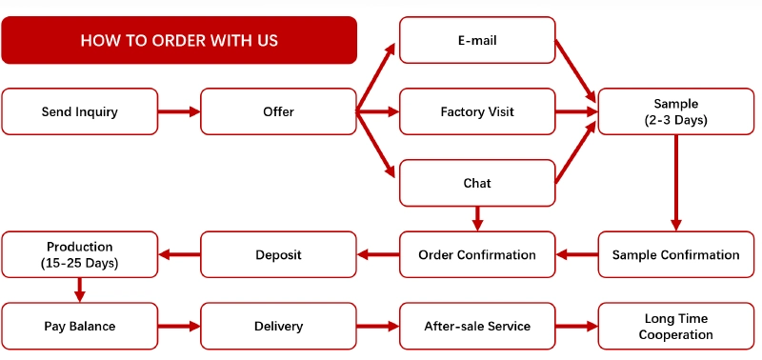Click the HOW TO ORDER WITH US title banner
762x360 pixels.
(179, 40)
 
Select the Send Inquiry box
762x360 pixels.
(80, 111)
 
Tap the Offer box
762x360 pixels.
(278, 111)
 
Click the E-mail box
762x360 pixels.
(477, 40)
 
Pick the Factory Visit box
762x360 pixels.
(477, 111)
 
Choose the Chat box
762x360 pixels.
(477, 183)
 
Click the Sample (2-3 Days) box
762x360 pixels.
(676, 111)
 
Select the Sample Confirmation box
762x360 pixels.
(676, 254)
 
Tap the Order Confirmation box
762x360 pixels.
(477, 254)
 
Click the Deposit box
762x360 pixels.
(278, 254)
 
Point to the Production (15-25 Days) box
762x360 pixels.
(80, 254)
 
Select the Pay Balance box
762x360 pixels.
(80, 326)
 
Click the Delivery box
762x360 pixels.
(278, 326)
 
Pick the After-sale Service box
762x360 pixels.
(477, 326)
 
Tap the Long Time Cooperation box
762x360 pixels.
(676, 326)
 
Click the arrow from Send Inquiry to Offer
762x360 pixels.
(179, 111)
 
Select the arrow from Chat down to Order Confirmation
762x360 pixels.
(477, 219)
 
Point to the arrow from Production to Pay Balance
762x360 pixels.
(80, 290)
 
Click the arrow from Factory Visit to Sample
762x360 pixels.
(576, 111)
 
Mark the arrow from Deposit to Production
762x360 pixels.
(179, 254)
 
